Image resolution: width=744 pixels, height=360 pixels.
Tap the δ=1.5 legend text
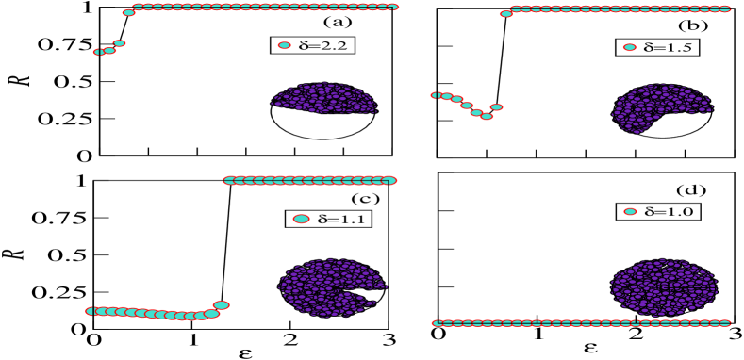[670, 47]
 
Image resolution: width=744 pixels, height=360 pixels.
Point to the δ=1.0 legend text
[669, 212]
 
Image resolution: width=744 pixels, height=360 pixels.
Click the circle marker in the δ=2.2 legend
[285, 45]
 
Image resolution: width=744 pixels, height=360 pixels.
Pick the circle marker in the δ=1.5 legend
[630, 47]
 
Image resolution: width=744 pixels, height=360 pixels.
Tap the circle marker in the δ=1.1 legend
[301, 219]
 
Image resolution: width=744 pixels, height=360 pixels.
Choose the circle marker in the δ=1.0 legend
[630, 212]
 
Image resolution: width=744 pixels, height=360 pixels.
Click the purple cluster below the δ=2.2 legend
[325, 98]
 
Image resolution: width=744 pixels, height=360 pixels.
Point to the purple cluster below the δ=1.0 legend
[664, 286]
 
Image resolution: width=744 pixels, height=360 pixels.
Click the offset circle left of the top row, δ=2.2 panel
[128, 13]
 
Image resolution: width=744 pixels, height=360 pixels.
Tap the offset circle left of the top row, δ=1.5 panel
[506, 14]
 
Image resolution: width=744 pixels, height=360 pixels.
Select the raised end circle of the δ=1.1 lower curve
[222, 305]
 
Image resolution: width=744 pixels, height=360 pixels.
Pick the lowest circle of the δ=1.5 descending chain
[487, 117]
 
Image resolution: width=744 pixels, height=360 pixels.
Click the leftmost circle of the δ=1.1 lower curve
[91, 311]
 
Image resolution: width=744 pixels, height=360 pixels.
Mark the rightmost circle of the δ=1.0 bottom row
[725, 323]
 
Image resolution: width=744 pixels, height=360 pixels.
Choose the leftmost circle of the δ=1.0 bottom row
[438, 323]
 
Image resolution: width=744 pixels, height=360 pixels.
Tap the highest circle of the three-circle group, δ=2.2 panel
[120, 43]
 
